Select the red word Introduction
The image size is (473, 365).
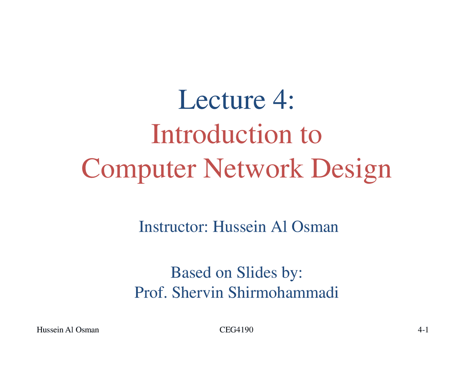(x=221, y=134)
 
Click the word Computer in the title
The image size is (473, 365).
(x=139, y=170)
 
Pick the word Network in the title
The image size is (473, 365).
(x=253, y=168)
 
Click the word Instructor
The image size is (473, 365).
(x=173, y=226)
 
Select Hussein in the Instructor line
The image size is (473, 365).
(x=239, y=226)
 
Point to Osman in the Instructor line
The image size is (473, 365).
(x=315, y=226)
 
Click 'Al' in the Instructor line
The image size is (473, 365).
(x=279, y=226)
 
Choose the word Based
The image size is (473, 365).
(x=191, y=272)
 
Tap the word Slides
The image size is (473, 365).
(x=256, y=272)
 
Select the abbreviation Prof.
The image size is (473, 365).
(x=151, y=292)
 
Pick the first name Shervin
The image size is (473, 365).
(x=198, y=292)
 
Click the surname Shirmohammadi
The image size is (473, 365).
(x=283, y=292)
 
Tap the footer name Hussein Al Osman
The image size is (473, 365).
(x=68, y=330)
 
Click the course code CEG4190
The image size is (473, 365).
(x=236, y=330)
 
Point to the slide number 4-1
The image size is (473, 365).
(x=423, y=330)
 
